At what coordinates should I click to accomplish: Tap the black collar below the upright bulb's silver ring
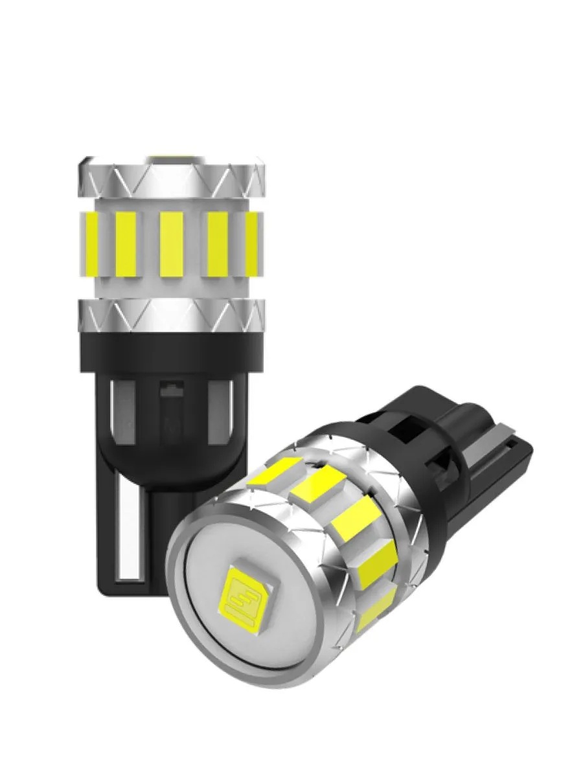pos(172,353)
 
